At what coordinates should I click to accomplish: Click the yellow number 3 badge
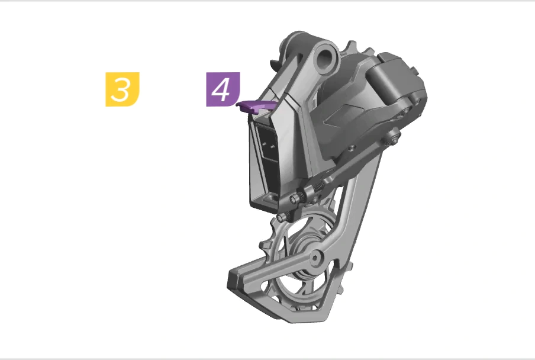[123, 89]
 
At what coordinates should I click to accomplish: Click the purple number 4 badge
[223, 89]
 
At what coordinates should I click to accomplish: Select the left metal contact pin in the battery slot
[264, 144]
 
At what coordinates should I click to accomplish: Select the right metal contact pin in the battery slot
[272, 147]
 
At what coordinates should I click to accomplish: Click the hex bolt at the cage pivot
[315, 258]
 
